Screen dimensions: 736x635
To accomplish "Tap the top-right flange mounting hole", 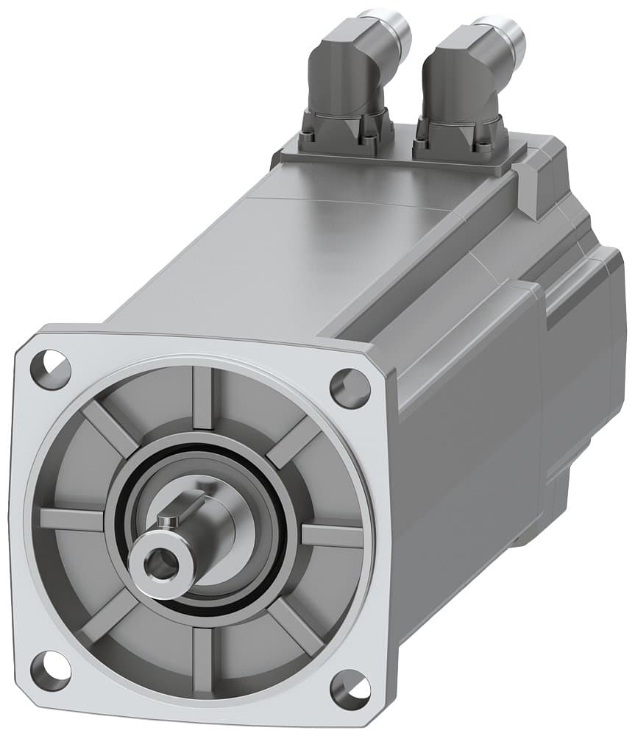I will click(x=350, y=387).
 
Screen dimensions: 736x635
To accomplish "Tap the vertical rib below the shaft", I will click(x=203, y=659).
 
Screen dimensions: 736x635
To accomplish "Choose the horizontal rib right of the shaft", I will click(x=331, y=535).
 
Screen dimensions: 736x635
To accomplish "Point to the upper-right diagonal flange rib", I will click(x=294, y=442).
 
